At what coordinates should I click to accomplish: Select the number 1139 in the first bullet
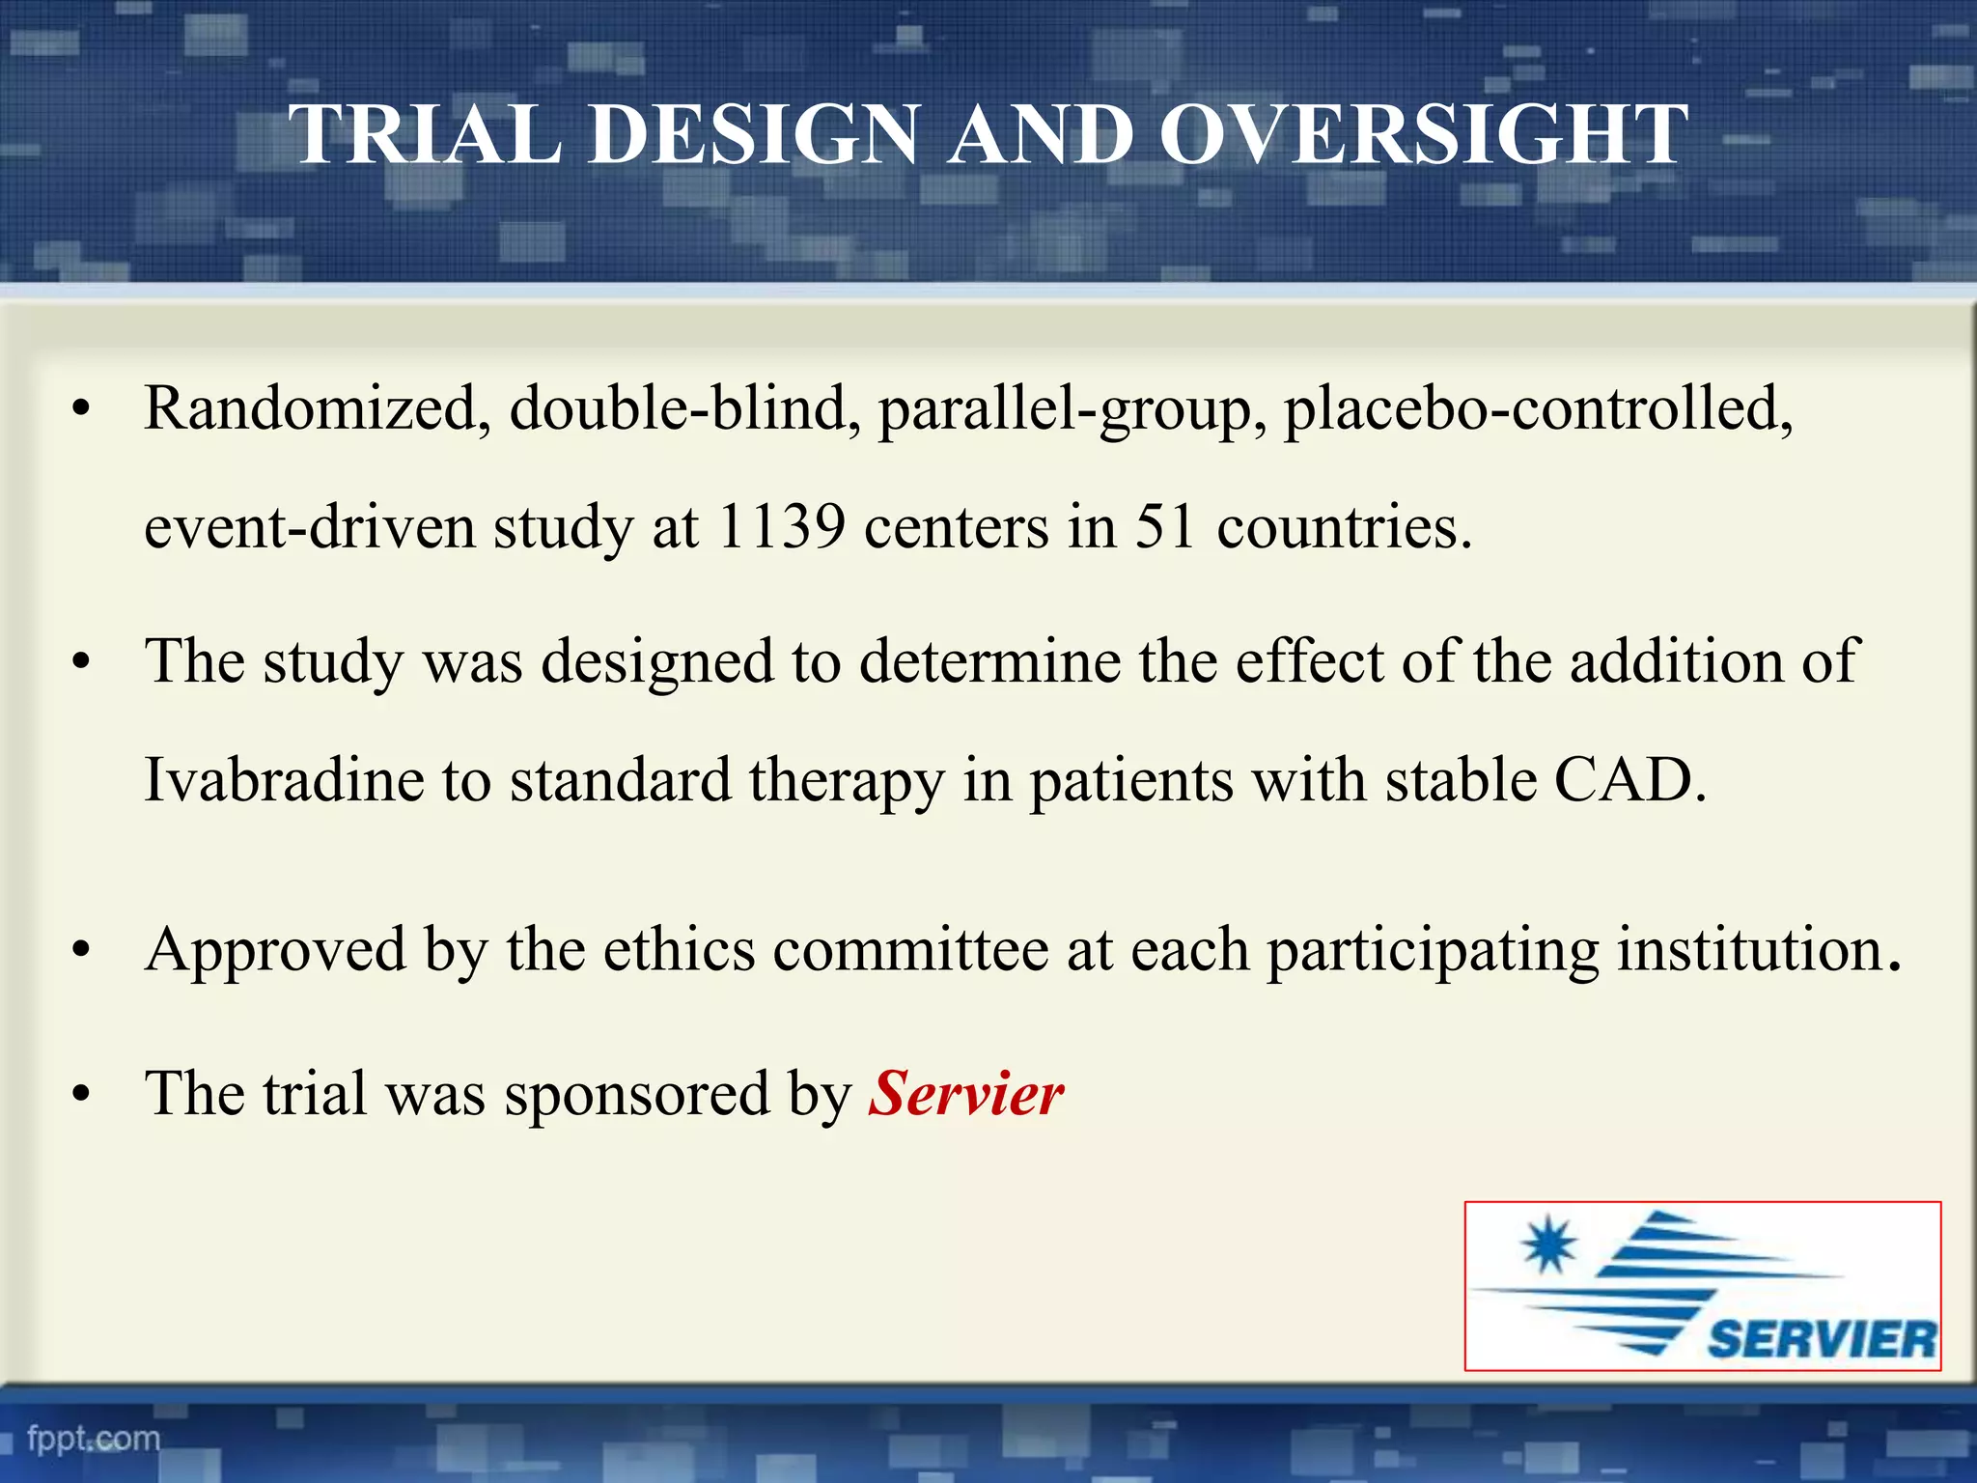tap(782, 527)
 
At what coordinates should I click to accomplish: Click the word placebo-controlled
tap(1537, 408)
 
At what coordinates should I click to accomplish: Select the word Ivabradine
tap(284, 780)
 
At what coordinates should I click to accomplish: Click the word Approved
tap(275, 951)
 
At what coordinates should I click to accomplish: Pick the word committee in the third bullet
tap(910, 950)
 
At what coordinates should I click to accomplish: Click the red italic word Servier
tap(965, 1094)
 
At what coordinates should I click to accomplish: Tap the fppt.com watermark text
tap(94, 1439)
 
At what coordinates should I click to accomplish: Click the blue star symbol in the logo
tap(1548, 1245)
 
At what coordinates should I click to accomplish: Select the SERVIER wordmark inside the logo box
tap(1822, 1340)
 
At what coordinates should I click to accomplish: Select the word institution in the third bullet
tap(1757, 950)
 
